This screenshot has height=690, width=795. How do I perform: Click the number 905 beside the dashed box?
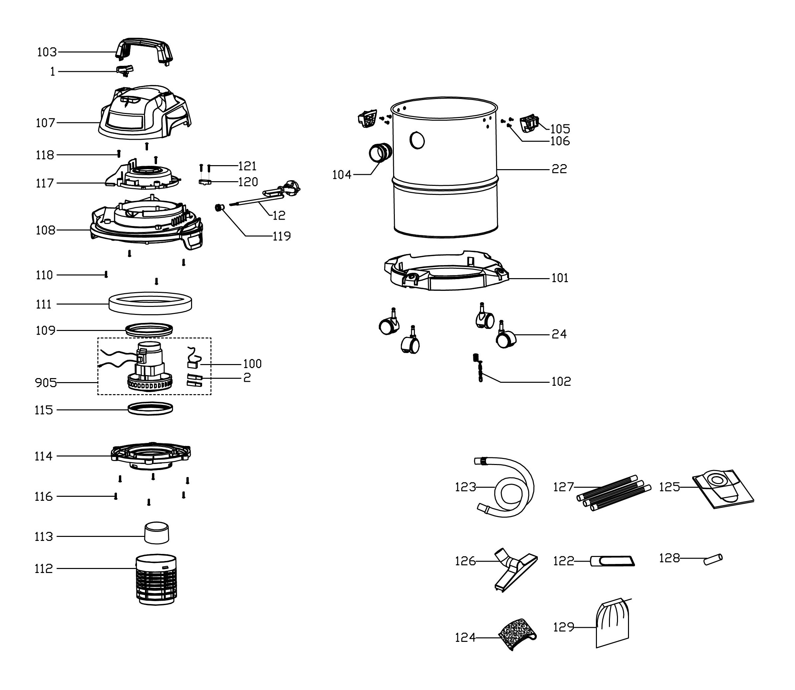tap(45, 383)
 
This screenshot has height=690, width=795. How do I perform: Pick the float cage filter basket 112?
tap(156, 579)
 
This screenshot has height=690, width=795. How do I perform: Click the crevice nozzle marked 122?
tap(612, 561)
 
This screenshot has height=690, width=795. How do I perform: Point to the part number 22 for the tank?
tap(559, 168)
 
